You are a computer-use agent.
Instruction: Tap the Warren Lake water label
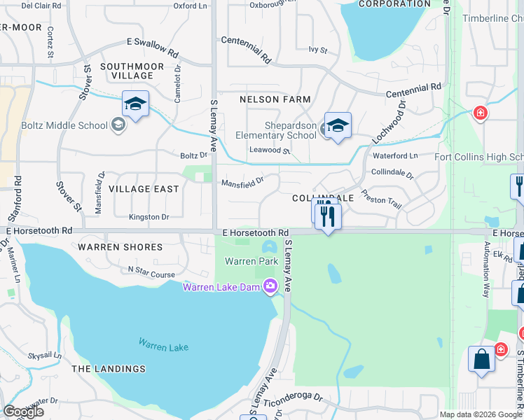click(x=163, y=344)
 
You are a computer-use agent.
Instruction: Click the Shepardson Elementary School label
click(x=280, y=130)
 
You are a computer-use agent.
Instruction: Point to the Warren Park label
click(x=242, y=261)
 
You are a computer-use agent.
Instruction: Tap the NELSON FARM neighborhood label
click(x=275, y=99)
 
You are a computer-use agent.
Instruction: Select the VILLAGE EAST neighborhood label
click(x=144, y=189)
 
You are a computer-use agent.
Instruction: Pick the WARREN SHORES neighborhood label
click(x=120, y=247)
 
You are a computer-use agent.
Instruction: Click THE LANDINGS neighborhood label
click(x=108, y=369)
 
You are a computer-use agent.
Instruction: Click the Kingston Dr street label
click(x=149, y=217)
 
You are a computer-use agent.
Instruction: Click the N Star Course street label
click(x=151, y=270)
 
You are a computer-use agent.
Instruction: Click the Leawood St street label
click(x=270, y=150)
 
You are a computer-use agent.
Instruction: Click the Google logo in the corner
click(x=23, y=412)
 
